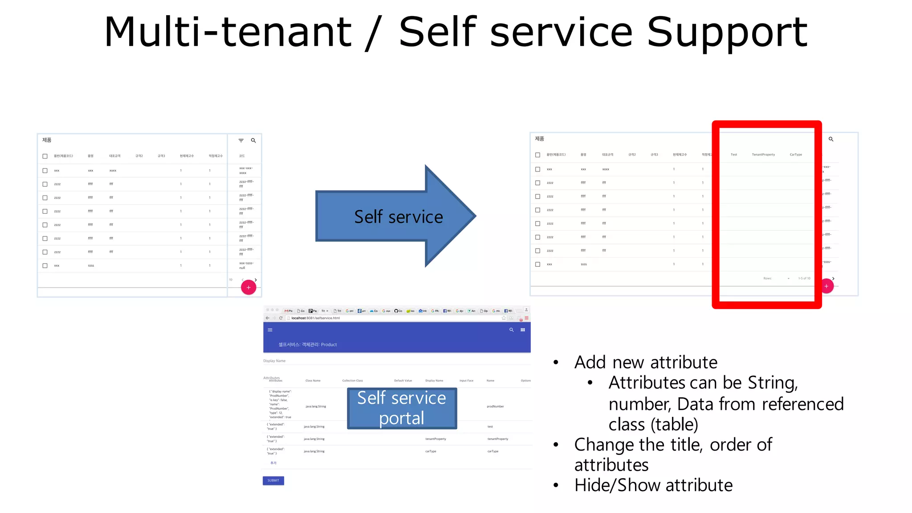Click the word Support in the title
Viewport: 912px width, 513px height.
[x=727, y=32]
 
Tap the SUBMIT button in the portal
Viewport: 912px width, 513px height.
[x=273, y=480]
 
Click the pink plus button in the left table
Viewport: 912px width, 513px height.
[x=248, y=288]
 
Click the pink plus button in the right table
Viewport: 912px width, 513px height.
[x=826, y=286]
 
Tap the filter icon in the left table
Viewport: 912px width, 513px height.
[x=241, y=141]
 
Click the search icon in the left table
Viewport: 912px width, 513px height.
[x=253, y=141]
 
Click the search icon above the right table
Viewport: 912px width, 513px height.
[x=831, y=139]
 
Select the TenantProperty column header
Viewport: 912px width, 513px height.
[x=763, y=155]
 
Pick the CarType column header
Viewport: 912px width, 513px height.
[x=796, y=155]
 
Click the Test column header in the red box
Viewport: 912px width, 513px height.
[x=734, y=155]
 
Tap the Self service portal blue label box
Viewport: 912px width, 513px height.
[x=402, y=408]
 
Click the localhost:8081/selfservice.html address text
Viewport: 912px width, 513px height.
[x=316, y=318]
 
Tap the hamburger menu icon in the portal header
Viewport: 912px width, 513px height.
[x=270, y=330]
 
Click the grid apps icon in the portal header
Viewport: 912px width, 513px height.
[x=523, y=330]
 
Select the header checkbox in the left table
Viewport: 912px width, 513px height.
[x=45, y=156]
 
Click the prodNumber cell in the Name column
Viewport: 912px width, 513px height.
[x=495, y=407]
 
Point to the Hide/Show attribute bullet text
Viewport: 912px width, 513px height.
[x=653, y=485]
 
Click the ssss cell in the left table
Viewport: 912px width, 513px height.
[x=91, y=266]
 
